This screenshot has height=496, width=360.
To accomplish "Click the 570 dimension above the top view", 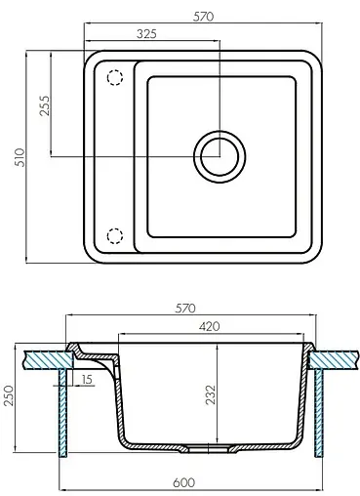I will click(204, 17).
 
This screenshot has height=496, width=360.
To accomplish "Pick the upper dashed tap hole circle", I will click(114, 77).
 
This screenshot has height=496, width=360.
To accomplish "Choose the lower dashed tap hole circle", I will click(114, 234).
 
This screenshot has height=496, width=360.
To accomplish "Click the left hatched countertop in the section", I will click(43, 358).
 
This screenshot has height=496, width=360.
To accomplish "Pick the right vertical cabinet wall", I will click(319, 410).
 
